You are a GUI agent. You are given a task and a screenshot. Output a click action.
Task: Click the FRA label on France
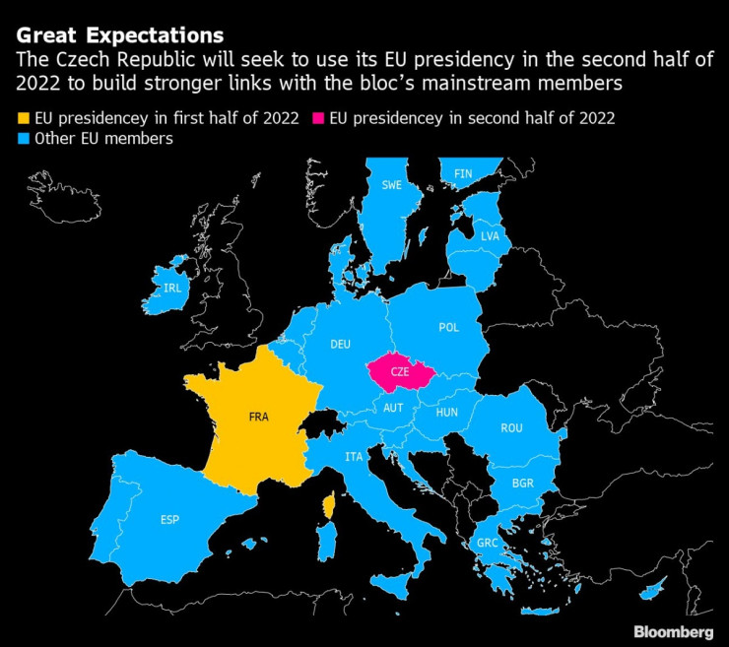259,417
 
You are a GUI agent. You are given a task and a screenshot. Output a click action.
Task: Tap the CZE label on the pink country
400,372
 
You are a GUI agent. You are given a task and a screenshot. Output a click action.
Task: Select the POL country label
448,327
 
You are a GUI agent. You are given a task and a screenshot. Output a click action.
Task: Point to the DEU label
340,344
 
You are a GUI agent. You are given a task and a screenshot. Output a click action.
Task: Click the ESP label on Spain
169,520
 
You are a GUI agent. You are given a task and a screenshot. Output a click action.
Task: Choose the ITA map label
354,457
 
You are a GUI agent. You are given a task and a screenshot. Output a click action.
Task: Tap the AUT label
394,408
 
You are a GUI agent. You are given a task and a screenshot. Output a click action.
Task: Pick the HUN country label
447,414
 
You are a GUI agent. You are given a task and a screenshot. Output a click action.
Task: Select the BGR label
523,484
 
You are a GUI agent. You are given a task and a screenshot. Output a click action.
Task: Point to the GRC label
487,543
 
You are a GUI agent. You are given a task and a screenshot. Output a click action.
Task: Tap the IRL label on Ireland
173,288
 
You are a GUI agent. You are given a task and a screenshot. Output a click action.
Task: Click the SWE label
392,184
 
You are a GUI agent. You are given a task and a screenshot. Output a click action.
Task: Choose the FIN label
462,173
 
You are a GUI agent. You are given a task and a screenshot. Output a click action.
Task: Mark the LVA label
490,236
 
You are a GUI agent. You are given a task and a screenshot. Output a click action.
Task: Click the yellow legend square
23,119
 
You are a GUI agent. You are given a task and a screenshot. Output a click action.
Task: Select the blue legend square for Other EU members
23,139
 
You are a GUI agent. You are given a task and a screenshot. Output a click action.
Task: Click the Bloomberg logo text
673,631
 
